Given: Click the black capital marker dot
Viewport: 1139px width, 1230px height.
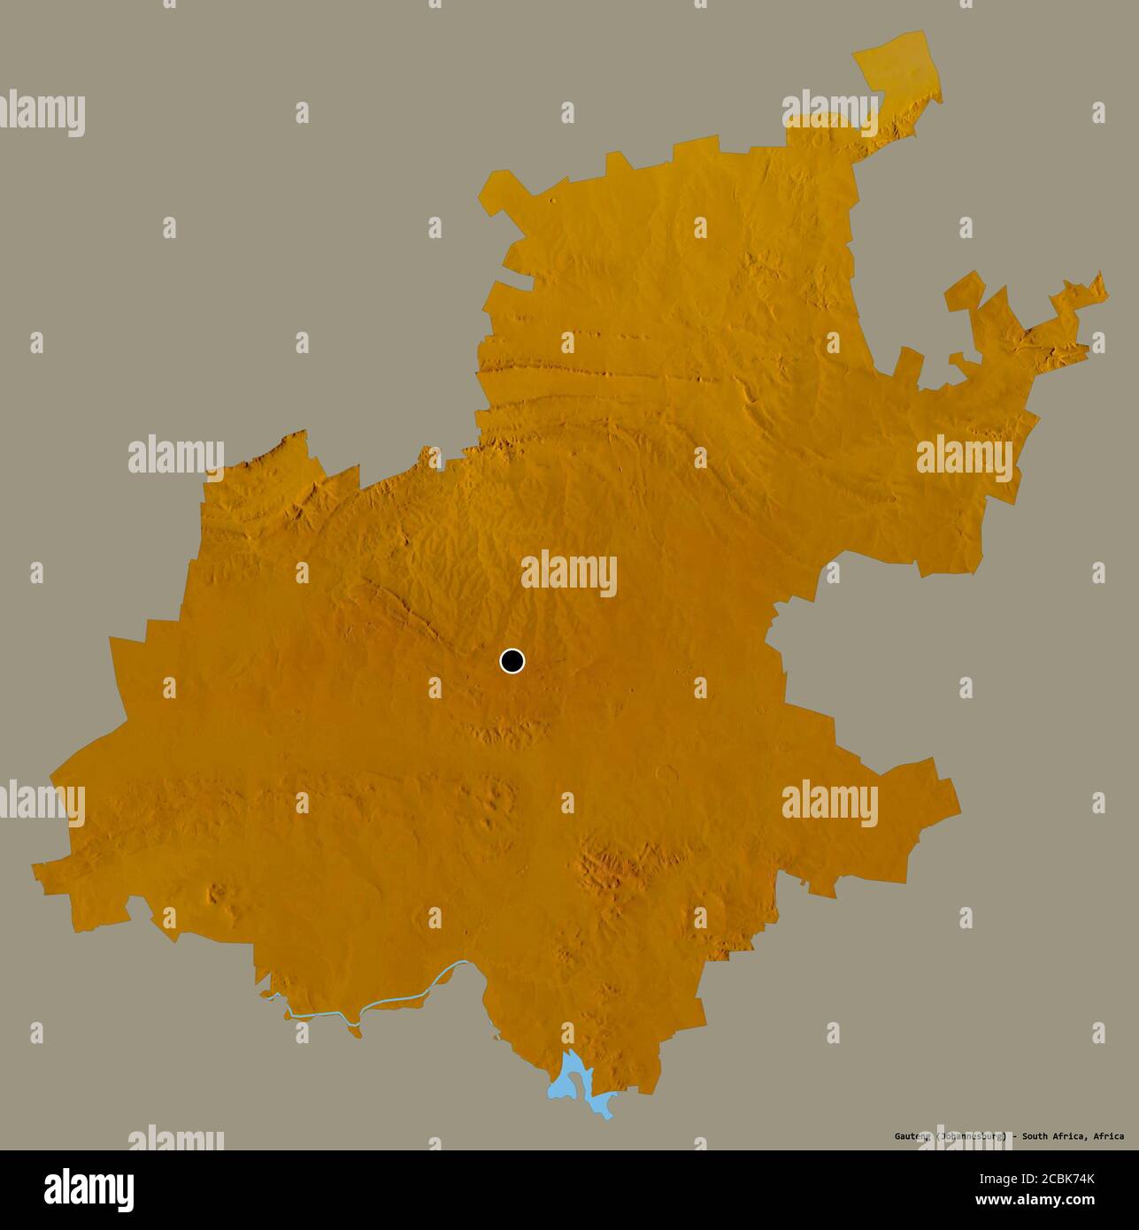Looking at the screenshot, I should [512, 661].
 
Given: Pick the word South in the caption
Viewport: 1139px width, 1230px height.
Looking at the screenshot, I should [1038, 1136].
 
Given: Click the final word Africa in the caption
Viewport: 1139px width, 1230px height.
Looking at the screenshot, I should [1109, 1136].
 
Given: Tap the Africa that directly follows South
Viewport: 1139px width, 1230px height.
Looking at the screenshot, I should [1072, 1136].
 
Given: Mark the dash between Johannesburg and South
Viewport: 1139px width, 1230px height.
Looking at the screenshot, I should [1015, 1136].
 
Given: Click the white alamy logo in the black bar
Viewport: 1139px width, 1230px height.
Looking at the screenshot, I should [89, 1189].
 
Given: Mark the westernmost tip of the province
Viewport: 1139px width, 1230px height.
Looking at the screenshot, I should [35, 866].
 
